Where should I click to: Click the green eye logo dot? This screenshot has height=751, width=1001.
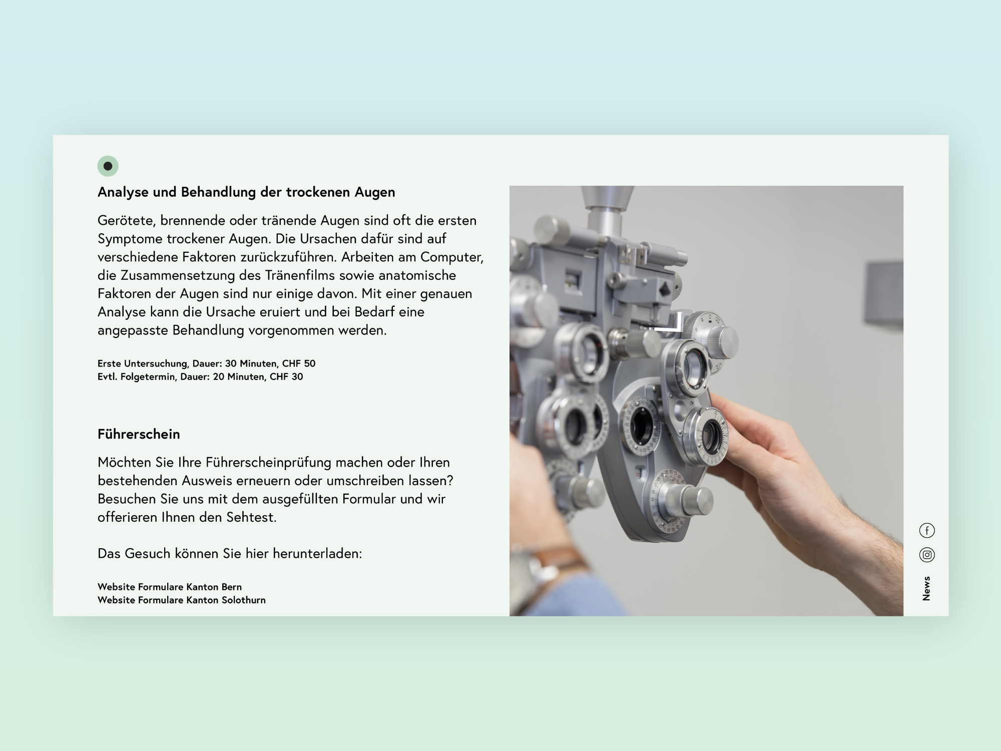(108, 166)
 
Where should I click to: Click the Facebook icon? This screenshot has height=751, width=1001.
(927, 530)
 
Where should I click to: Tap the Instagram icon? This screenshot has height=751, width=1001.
(927, 555)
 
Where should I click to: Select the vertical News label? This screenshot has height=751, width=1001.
(926, 588)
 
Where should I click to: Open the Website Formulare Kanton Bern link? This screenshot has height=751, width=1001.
(170, 587)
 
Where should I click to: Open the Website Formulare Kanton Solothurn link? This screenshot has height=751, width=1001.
(182, 600)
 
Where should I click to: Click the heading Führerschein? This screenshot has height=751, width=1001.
(139, 434)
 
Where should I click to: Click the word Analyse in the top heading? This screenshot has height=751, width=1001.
(123, 192)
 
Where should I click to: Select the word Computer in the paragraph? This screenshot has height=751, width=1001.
(451, 257)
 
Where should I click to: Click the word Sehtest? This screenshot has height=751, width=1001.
(251, 517)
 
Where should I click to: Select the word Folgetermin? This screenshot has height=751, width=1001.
(148, 377)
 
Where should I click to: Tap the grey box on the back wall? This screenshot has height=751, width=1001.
(885, 292)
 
